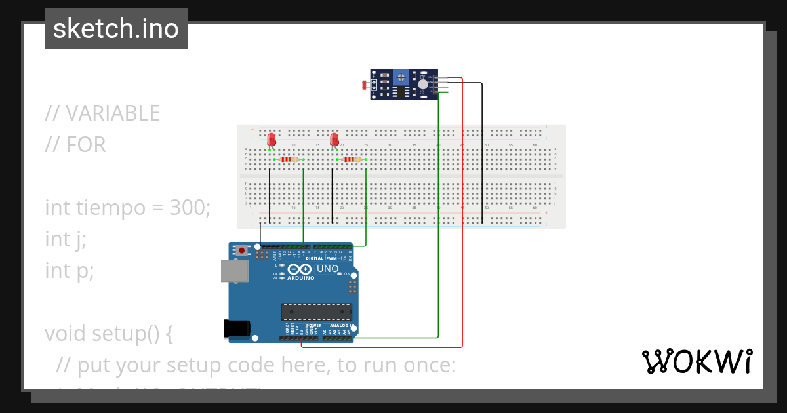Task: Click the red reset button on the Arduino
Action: (x=242, y=250)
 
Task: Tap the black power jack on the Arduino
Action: (x=237, y=328)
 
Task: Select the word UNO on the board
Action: (x=327, y=269)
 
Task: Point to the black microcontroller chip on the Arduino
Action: (x=317, y=312)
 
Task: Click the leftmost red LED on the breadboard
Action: (x=272, y=140)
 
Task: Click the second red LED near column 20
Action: (x=334, y=140)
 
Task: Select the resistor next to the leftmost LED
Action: (x=289, y=159)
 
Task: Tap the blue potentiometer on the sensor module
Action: (x=401, y=79)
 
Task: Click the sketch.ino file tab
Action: (x=116, y=29)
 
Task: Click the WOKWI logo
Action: (x=696, y=362)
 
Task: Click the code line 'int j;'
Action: (x=66, y=239)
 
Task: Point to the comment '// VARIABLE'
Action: (x=102, y=113)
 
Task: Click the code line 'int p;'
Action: (x=70, y=270)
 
